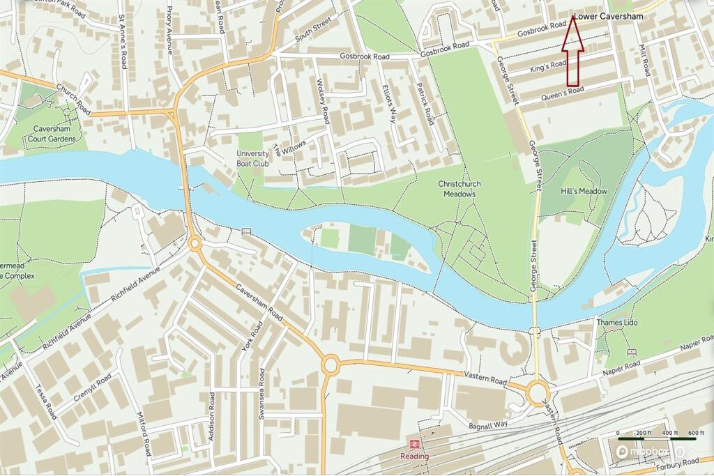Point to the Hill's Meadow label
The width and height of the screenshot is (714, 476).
[584, 191]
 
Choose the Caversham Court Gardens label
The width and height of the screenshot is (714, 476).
[59, 133]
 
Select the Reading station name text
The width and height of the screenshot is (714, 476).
[414, 456]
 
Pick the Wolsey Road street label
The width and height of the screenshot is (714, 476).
[322, 101]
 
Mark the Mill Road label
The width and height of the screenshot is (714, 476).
[644, 61]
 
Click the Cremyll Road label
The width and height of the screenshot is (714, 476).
[91, 391]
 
